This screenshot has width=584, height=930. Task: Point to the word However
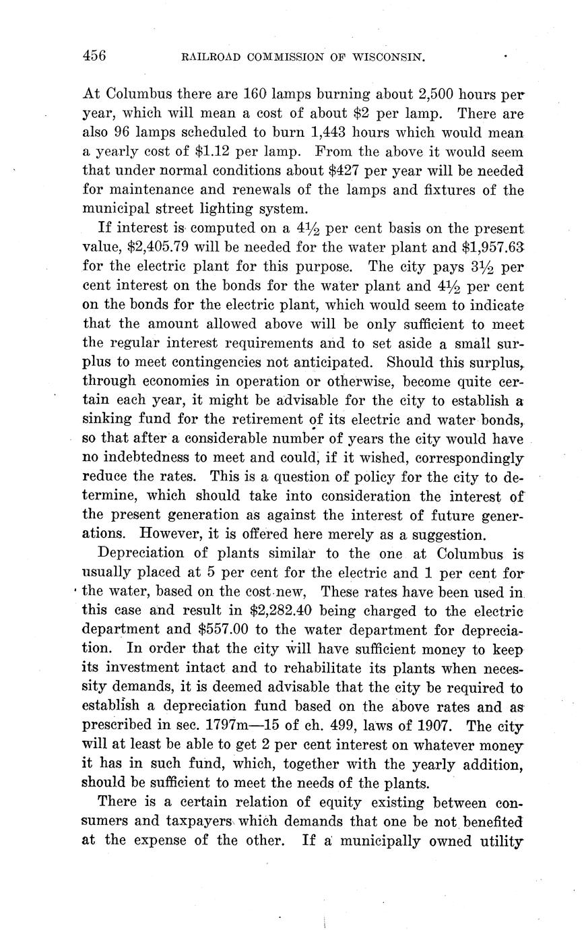(172, 535)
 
